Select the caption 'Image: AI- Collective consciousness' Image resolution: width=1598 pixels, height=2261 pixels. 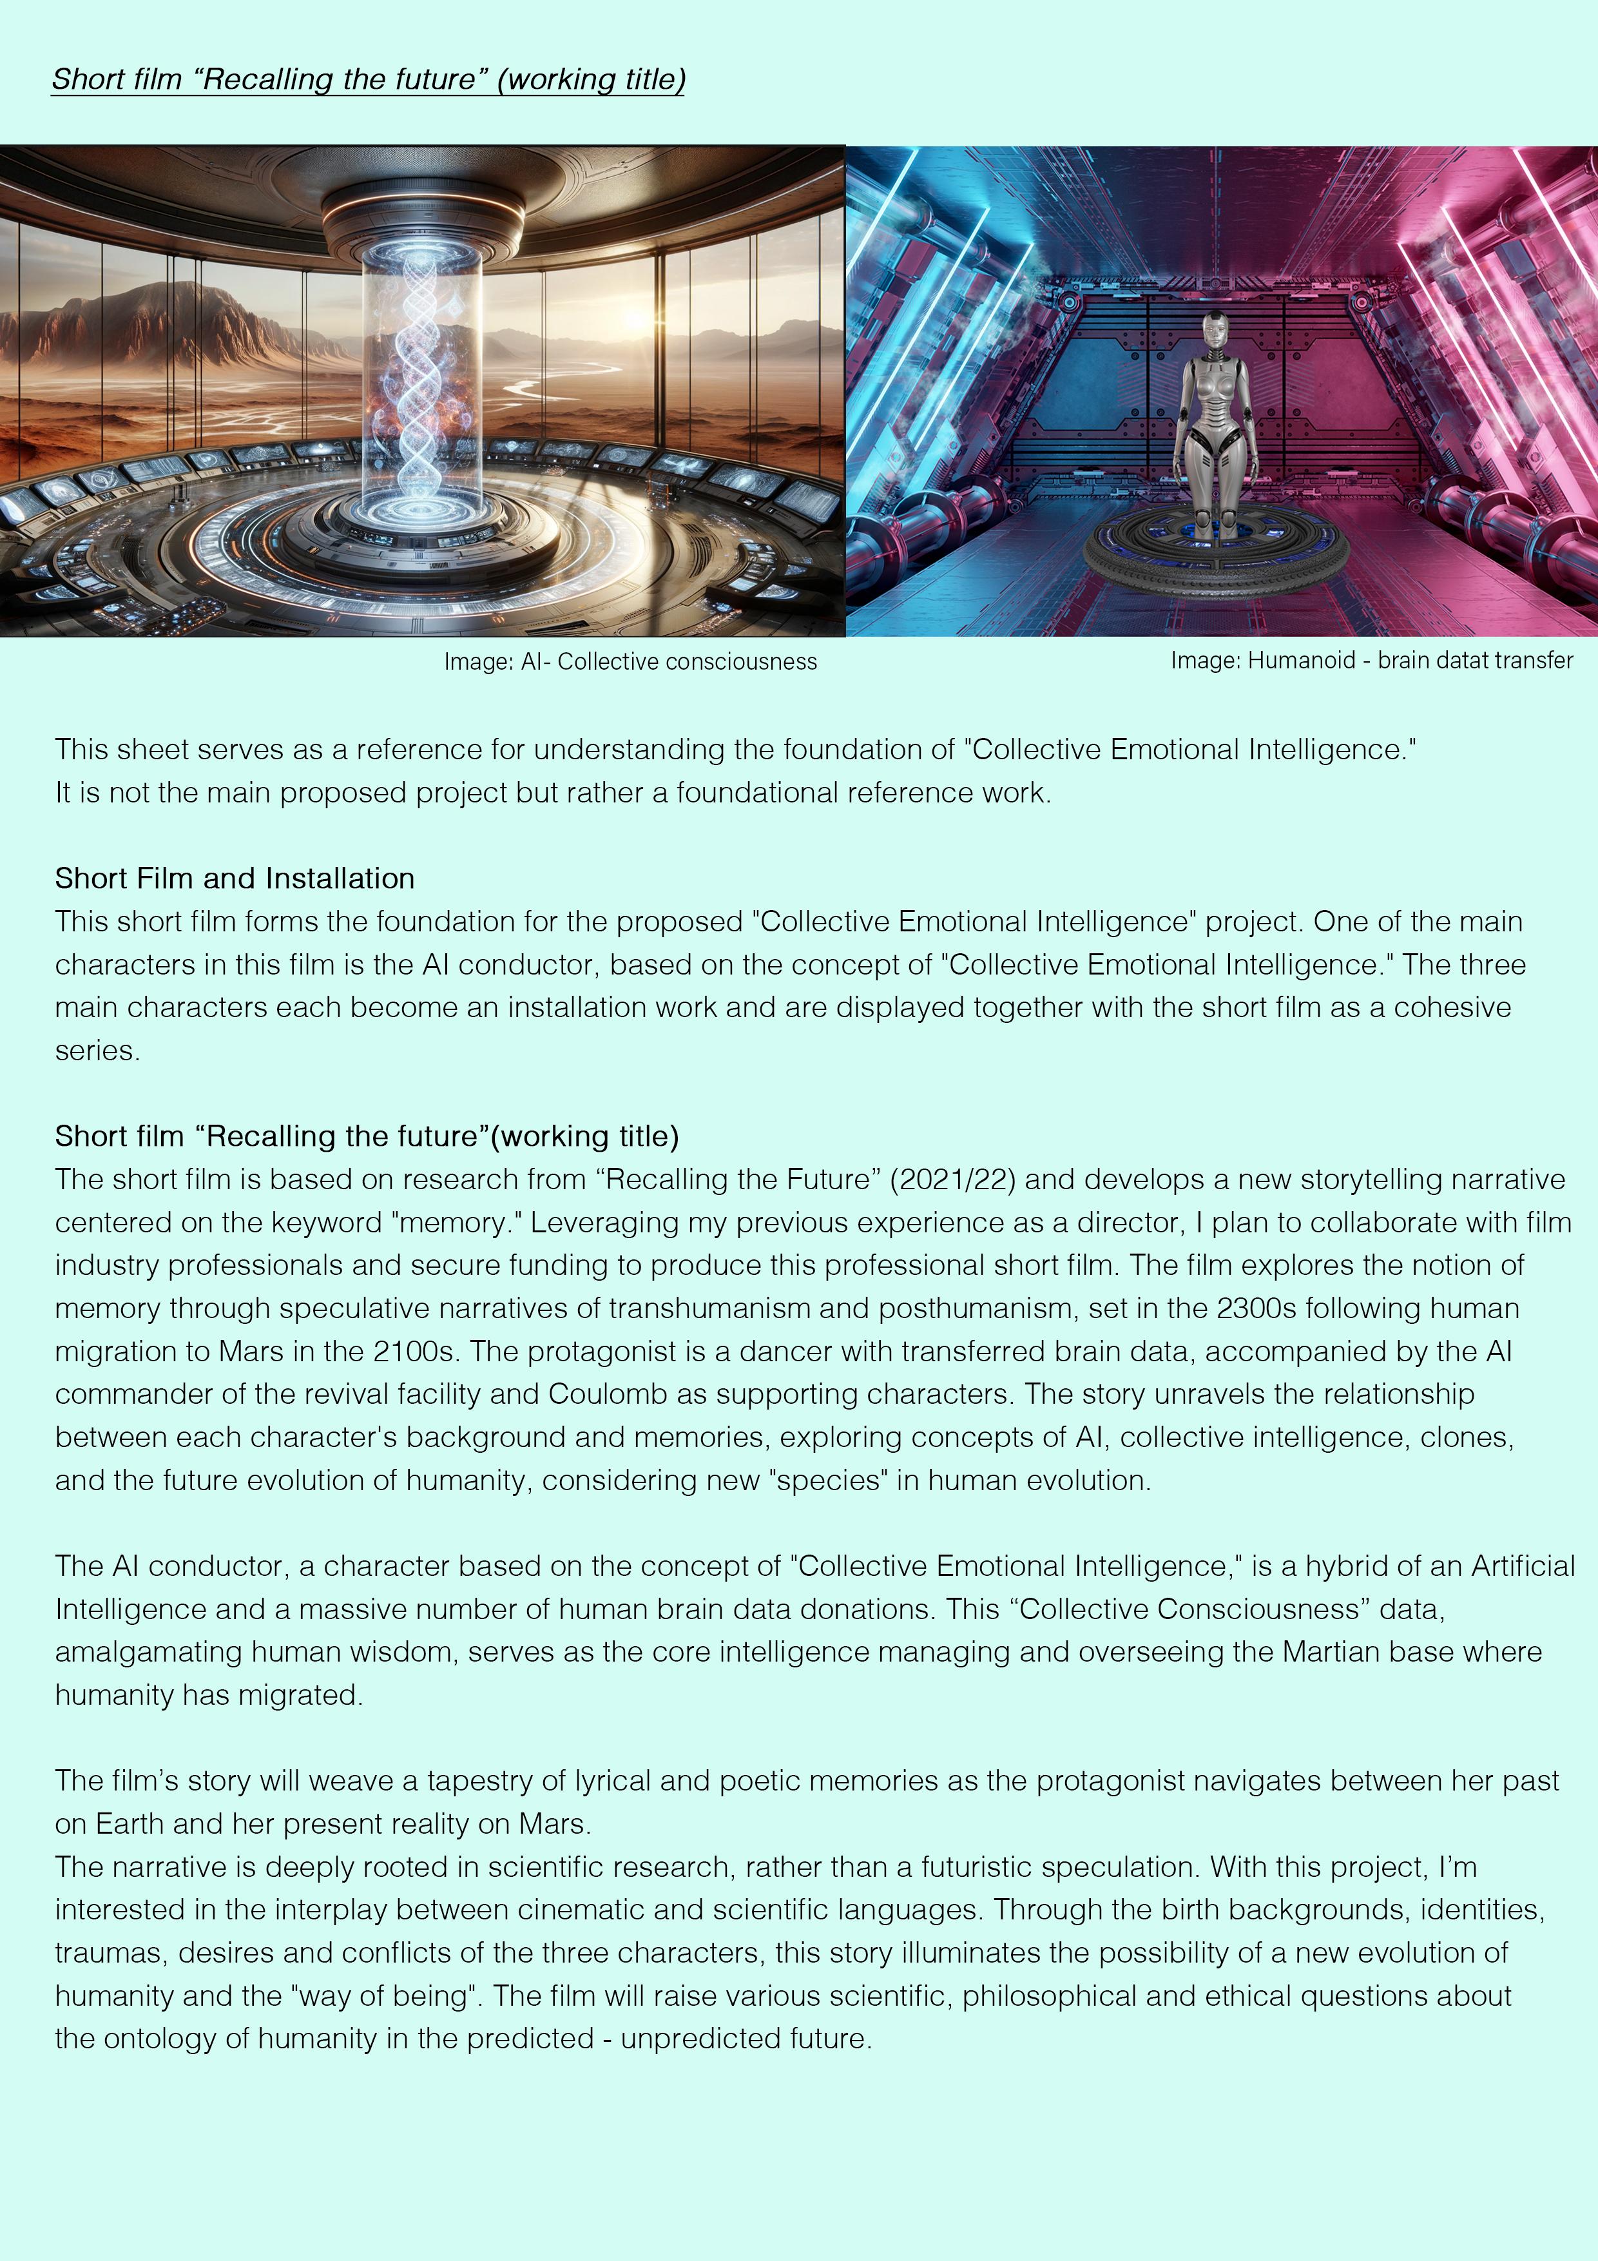(x=630, y=662)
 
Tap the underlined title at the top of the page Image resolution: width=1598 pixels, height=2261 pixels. (x=368, y=79)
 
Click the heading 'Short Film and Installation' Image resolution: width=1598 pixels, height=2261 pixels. (x=235, y=878)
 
